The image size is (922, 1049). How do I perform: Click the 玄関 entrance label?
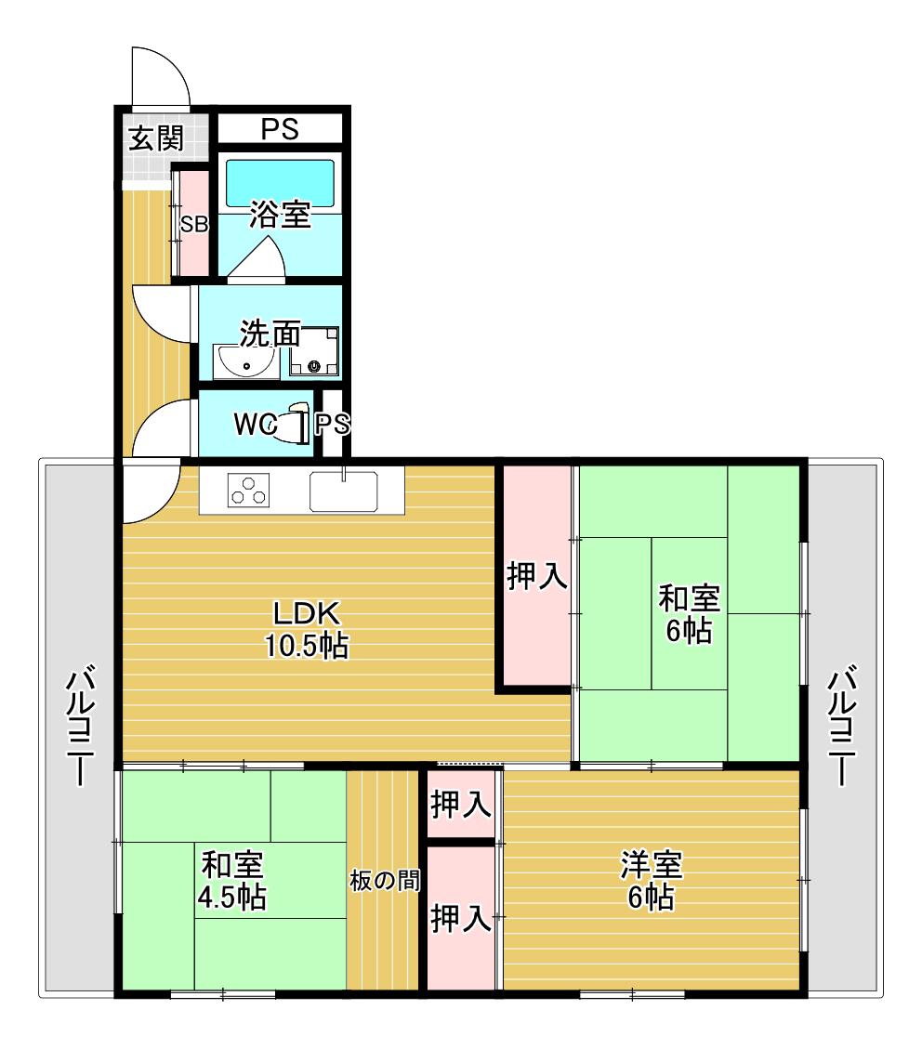pyautogui.click(x=156, y=138)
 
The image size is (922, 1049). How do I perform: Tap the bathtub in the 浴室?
pyautogui.click(x=280, y=183)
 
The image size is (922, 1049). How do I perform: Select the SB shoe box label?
pyautogui.click(x=194, y=224)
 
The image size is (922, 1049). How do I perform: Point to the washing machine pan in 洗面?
pyautogui.click(x=314, y=351)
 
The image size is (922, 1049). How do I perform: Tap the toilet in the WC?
pyautogui.click(x=293, y=424)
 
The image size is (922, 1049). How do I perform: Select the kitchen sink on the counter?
pyautogui.click(x=343, y=492)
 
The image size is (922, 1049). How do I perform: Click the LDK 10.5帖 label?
pyautogui.click(x=307, y=630)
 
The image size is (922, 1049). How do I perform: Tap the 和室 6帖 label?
pyautogui.click(x=689, y=614)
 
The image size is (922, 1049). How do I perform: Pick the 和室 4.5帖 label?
pyautogui.click(x=232, y=881)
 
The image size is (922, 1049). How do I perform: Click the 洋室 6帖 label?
pyautogui.click(x=651, y=881)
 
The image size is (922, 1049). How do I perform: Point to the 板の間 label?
pyautogui.click(x=385, y=881)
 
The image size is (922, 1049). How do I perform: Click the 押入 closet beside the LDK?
pyautogui.click(x=537, y=576)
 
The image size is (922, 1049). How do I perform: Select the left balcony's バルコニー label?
pyautogui.click(x=80, y=725)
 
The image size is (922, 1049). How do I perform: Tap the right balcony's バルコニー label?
pyautogui.click(x=842, y=725)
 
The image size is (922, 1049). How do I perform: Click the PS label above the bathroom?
pyautogui.click(x=280, y=129)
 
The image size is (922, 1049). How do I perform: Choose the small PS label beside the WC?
pyautogui.click(x=333, y=424)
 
